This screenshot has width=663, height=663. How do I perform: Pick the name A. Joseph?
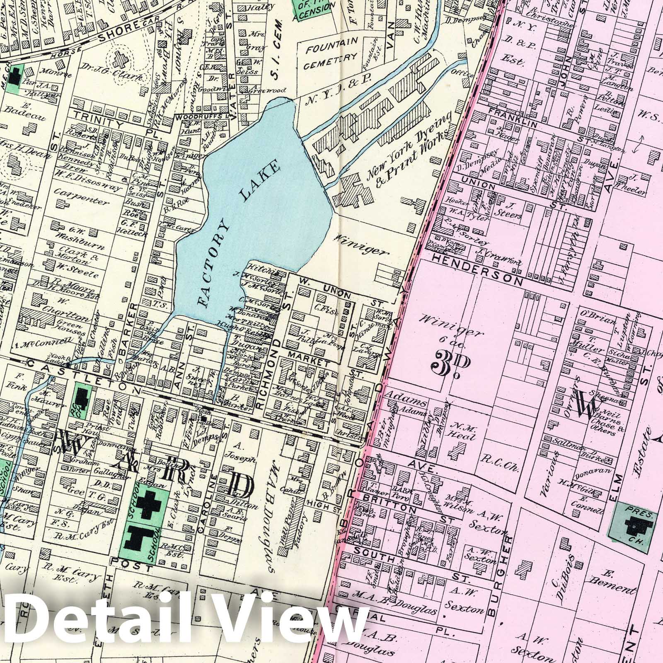pyautogui.click(x=239, y=452)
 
